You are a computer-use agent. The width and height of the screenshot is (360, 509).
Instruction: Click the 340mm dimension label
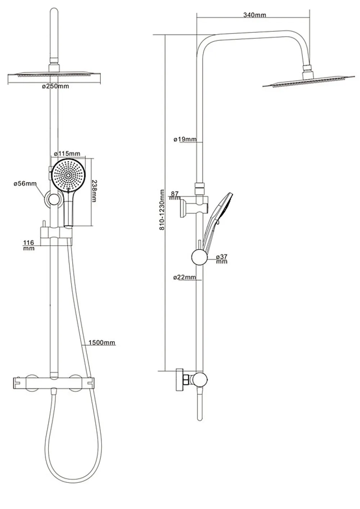254,15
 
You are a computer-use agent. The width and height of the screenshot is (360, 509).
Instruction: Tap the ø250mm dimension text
55,86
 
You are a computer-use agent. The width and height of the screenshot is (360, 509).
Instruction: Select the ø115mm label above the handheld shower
67,154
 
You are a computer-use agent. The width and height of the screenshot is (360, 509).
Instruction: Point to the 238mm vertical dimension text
94,191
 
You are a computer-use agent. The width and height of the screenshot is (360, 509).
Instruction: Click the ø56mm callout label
25,183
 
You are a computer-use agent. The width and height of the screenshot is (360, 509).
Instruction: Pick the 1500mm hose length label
102,342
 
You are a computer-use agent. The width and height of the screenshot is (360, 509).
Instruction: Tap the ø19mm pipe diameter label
185,139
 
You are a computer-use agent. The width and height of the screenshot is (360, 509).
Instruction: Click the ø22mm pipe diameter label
184,277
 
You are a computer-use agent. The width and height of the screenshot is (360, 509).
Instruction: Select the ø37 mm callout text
222,259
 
